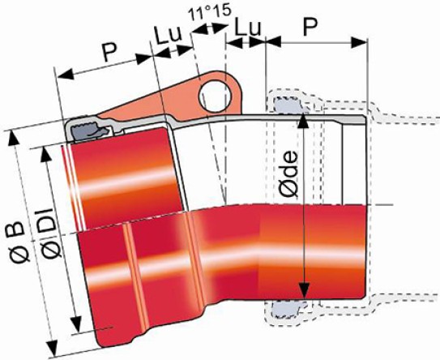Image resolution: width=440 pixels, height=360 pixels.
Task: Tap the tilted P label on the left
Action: pyautogui.click(x=109, y=52)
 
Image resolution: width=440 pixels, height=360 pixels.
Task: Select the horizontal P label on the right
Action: pyautogui.click(x=310, y=28)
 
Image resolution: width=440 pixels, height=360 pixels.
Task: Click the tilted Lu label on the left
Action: pyautogui.click(x=169, y=36)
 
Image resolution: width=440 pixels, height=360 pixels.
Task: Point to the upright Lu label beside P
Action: pyautogui.click(x=248, y=27)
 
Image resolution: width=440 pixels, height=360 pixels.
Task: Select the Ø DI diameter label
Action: pyautogui.click(x=49, y=233)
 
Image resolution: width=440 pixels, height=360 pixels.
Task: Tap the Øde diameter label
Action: pyautogui.click(x=288, y=174)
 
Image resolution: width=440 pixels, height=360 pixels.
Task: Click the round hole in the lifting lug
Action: pyautogui.click(x=215, y=96)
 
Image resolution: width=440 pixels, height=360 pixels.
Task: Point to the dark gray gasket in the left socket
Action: pyautogui.click(x=88, y=131)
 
